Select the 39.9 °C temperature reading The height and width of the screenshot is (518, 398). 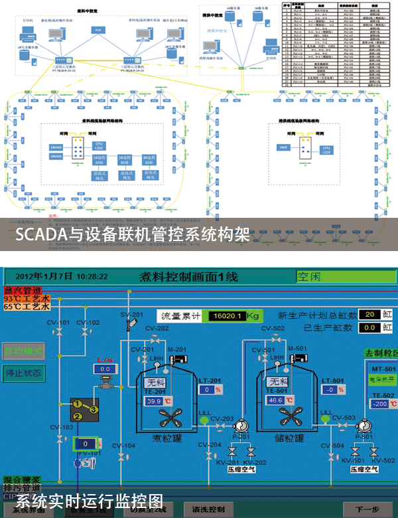[x=155, y=401]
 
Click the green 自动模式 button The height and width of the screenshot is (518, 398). [x=23, y=350]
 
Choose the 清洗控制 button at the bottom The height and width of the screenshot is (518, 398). [x=212, y=509]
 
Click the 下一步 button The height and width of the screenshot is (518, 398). [x=366, y=509]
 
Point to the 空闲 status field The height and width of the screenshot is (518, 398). [x=345, y=276]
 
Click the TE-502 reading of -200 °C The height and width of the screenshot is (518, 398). [x=381, y=404]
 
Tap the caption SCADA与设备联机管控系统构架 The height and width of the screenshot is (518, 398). [x=133, y=234]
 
